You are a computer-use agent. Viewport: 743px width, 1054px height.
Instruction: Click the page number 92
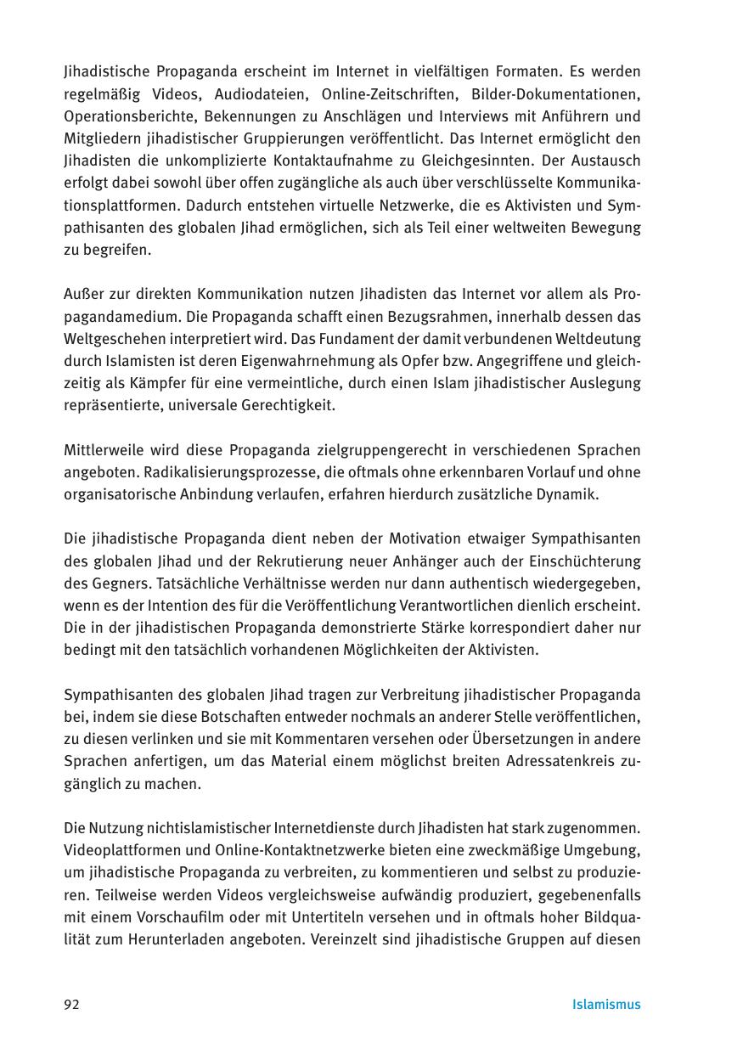click(71, 1005)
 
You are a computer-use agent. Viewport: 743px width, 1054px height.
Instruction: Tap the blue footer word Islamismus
click(606, 1005)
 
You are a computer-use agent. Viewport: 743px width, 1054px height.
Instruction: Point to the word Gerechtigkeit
click(286, 405)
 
